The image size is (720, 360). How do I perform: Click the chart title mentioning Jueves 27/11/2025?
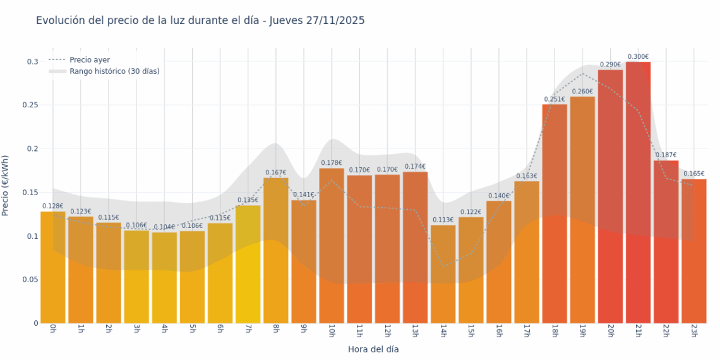[200, 20]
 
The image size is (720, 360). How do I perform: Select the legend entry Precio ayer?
[89, 60]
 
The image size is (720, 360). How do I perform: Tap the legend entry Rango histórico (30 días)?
[114, 71]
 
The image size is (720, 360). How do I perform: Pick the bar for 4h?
[164, 278]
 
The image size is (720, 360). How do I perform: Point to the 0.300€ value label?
[638, 57]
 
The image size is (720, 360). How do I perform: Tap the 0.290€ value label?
[610, 64]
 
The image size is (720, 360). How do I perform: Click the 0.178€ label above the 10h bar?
[332, 163]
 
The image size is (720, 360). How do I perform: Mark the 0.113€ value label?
[443, 220]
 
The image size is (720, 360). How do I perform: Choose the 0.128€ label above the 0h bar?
[53, 206]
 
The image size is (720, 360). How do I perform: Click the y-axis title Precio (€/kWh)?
[6, 186]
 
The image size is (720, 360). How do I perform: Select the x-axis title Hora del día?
[373, 349]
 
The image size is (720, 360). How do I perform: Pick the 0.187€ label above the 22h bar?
[666, 155]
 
